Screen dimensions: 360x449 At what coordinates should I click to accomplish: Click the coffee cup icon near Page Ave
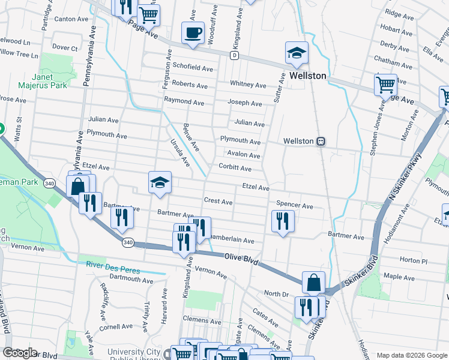(x=193, y=32)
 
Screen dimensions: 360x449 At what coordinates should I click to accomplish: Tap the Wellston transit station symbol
(x=321, y=141)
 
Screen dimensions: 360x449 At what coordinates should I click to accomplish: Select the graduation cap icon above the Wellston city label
(x=297, y=53)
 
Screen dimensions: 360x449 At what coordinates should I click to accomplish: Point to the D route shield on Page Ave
(x=234, y=55)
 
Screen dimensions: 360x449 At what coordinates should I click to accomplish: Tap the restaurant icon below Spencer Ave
(x=282, y=221)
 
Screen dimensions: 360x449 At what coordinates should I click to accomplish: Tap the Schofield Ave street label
(x=193, y=67)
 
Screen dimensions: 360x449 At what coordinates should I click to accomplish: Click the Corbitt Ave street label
(x=235, y=169)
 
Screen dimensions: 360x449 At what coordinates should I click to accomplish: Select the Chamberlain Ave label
(x=231, y=240)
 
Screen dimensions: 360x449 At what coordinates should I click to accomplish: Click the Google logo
(x=20, y=353)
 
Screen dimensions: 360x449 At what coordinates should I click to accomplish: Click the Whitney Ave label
(x=248, y=85)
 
